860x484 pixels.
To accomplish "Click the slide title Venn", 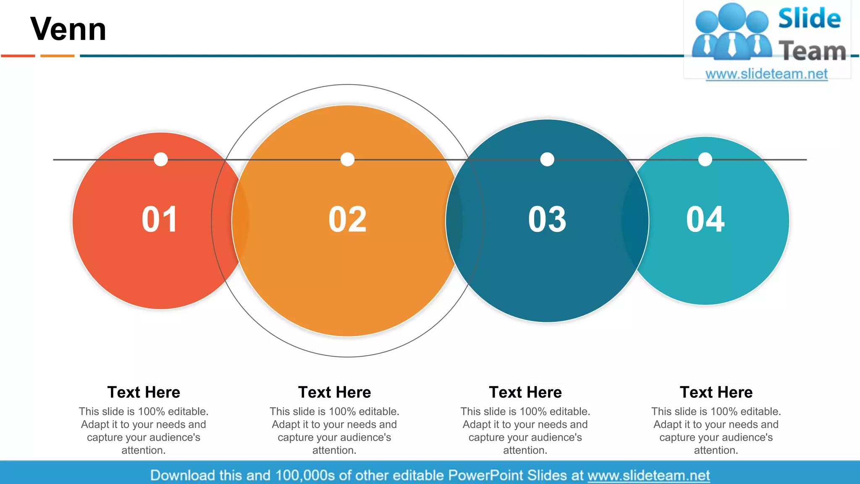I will (x=68, y=29).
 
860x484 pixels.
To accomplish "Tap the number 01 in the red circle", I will (x=160, y=219).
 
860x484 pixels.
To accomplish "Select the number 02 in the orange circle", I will (x=347, y=219).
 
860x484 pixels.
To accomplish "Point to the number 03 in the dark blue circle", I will (x=547, y=219).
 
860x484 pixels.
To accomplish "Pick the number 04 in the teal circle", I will (x=705, y=219).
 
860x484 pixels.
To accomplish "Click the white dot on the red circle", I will (x=161, y=159).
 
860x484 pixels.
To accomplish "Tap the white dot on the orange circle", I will (x=347, y=159).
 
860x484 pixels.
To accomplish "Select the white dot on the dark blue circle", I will (x=547, y=159).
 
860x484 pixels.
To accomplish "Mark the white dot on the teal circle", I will (x=705, y=159).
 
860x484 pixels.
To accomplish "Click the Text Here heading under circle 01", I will (x=144, y=392).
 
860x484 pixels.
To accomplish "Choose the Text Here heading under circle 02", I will (x=335, y=392).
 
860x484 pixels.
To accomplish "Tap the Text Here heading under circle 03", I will (x=525, y=392).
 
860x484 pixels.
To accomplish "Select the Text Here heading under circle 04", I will (x=716, y=392).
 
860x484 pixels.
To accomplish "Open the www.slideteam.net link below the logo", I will (x=766, y=74).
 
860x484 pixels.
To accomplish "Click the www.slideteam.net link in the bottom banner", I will (x=648, y=475).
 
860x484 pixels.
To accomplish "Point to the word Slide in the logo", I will (x=809, y=18).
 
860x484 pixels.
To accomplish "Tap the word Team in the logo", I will (x=812, y=51).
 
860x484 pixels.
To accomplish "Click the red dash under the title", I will (x=18, y=55).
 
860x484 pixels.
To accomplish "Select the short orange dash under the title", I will (x=58, y=55).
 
